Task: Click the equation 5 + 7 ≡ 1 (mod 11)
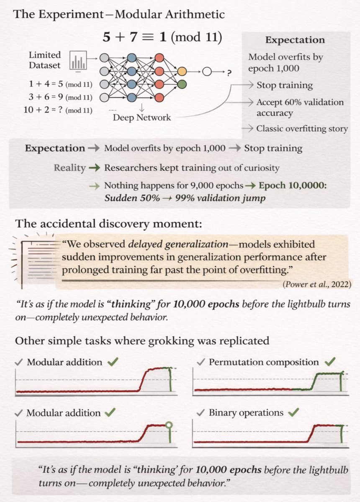[162, 38]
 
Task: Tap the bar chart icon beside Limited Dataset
[78, 59]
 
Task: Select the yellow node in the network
[181, 72]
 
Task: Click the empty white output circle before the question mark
[207, 72]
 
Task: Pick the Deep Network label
[142, 118]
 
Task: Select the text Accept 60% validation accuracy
[300, 108]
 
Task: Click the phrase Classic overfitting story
[302, 128]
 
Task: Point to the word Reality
[69, 168]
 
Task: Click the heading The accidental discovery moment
[109, 223]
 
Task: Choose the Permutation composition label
[264, 362]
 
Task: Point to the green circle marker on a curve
[169, 425]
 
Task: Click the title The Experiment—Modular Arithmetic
[119, 15]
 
